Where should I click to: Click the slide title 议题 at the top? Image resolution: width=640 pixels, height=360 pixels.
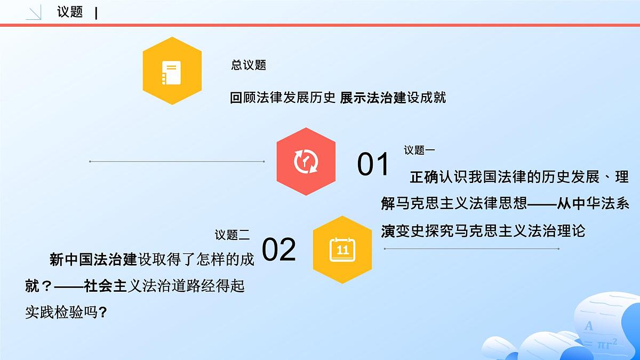[70, 12]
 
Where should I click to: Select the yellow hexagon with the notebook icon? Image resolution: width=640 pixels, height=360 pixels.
[172, 71]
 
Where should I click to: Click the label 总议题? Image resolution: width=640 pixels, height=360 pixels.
[249, 65]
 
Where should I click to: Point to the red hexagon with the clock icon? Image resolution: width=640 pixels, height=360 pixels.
[306, 162]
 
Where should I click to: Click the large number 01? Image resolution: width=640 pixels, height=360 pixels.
[373, 164]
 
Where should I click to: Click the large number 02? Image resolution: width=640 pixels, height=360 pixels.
[279, 249]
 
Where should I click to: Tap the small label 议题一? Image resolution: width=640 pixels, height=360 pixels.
[419, 150]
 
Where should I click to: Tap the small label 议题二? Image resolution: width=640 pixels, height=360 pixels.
[232, 235]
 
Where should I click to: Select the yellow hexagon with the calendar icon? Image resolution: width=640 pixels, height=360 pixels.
[342, 250]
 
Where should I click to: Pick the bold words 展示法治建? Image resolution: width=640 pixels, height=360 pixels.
[373, 98]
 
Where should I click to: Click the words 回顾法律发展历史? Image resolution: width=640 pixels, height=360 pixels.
[283, 98]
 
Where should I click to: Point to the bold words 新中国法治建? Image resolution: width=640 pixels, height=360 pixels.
[94, 260]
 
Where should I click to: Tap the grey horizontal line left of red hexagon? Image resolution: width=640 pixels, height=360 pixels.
[177, 161]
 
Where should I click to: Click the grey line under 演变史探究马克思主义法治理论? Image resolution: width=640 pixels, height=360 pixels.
[471, 249]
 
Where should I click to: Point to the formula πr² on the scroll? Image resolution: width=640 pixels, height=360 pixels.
[606, 343]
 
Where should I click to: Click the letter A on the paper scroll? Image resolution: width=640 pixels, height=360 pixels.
[589, 326]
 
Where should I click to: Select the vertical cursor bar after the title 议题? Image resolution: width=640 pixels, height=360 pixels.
[96, 13]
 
